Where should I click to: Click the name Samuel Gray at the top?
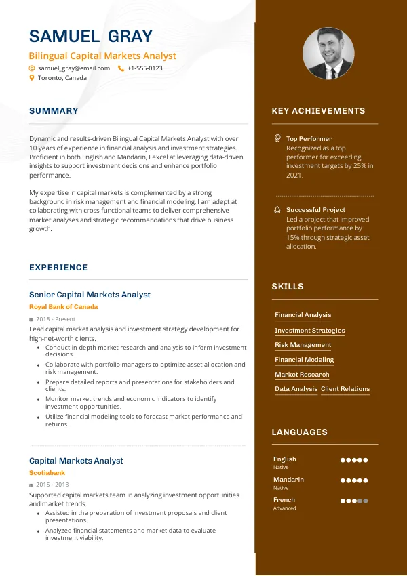tap(91, 36)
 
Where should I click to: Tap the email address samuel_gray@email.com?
tap(74, 68)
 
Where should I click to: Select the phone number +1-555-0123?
tap(144, 68)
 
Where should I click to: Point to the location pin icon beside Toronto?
tap(32, 78)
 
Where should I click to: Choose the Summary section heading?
tap(54, 111)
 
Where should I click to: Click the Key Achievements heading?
tap(318, 111)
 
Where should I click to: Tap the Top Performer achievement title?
tap(309, 138)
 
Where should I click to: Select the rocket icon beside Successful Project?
tap(277, 210)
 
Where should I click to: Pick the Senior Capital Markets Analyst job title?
tap(90, 295)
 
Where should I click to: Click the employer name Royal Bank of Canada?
tap(63, 307)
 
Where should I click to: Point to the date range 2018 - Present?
tap(56, 319)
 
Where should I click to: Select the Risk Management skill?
tap(303, 345)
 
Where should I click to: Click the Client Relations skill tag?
tap(345, 389)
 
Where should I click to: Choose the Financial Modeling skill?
tap(304, 360)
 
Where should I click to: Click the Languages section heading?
tap(299, 432)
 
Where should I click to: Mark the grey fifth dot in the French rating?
tap(366, 501)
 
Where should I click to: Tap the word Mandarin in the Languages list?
tap(288, 480)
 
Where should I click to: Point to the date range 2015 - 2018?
tap(53, 485)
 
